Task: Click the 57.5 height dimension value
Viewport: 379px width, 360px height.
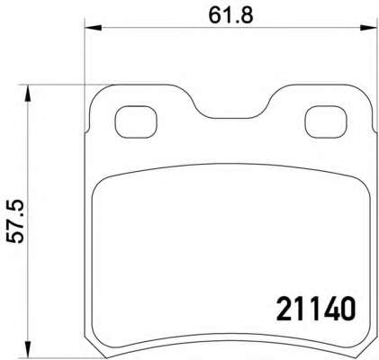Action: [15, 221]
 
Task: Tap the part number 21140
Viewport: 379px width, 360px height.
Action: [316, 309]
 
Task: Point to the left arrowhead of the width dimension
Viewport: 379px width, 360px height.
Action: [94, 28]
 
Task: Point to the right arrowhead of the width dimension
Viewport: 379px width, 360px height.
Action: [368, 28]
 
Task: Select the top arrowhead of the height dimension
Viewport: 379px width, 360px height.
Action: [28, 94]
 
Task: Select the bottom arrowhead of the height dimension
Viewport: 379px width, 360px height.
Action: [28, 349]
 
